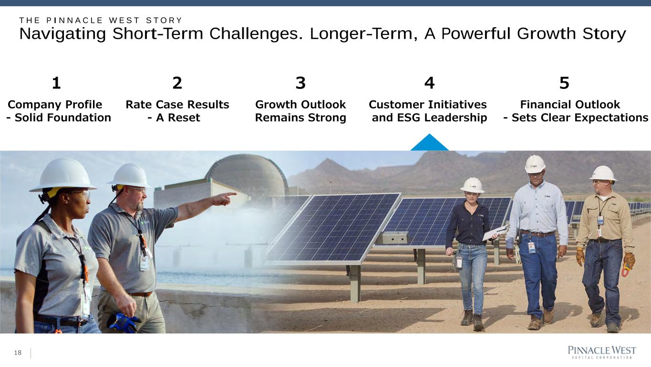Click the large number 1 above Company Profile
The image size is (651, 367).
point(56,83)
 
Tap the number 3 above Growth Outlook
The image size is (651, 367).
point(300,83)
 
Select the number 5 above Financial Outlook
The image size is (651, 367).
point(564,83)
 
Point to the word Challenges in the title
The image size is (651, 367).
point(257,33)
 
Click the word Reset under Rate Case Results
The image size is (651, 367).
point(184,118)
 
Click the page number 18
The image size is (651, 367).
point(18,353)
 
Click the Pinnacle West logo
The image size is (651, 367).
point(602,352)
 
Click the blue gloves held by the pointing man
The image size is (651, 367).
point(123,323)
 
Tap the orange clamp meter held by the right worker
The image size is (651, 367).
point(626,269)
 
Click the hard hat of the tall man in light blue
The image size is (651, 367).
point(535,164)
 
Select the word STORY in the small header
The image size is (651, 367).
point(164,21)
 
